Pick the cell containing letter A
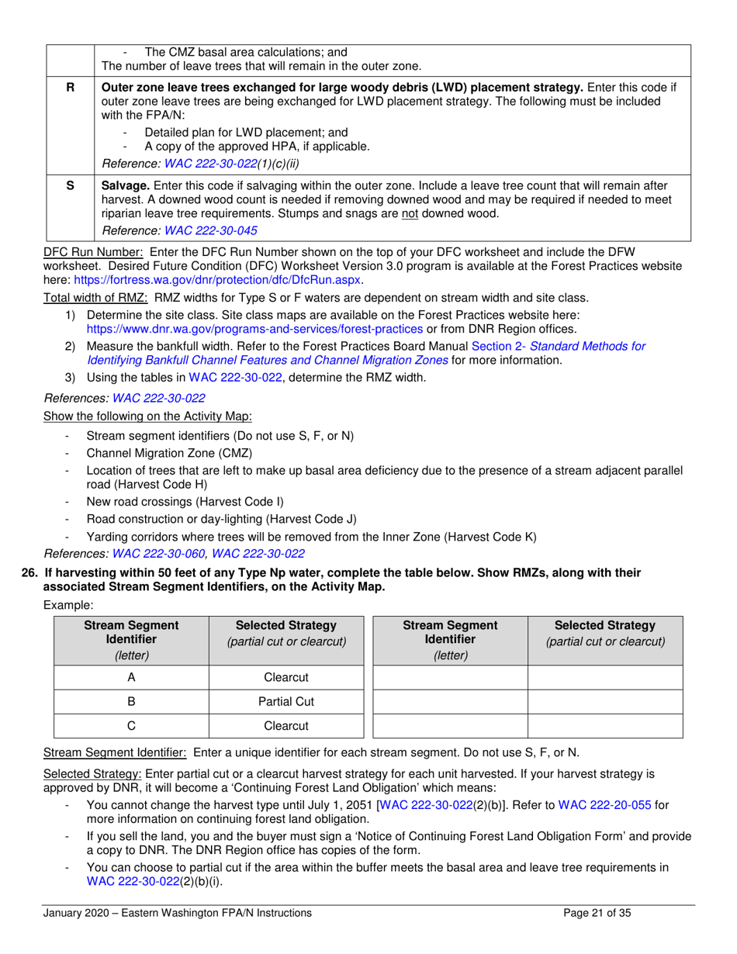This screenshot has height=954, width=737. [x=131, y=677]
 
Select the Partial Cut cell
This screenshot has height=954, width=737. [x=286, y=702]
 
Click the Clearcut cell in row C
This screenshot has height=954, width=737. [x=286, y=726]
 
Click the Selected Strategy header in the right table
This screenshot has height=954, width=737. [x=605, y=633]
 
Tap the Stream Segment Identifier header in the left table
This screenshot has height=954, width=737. [x=131, y=640]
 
